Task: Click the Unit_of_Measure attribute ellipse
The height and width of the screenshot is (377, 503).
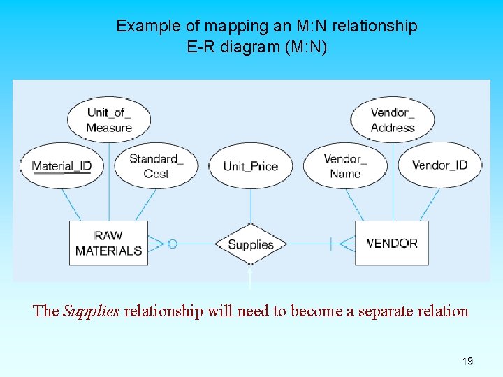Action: tap(109, 119)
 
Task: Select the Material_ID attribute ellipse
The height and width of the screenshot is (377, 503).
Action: tap(61, 166)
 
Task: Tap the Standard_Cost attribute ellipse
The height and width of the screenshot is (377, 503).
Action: tap(156, 166)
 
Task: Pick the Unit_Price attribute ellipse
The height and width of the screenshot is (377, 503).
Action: tap(251, 166)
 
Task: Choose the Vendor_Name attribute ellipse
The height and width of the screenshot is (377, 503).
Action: tap(345, 166)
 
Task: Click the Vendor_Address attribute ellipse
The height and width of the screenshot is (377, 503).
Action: tap(393, 119)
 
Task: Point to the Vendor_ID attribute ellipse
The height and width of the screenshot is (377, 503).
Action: tap(439, 165)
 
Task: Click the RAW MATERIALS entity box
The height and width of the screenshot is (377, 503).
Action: tap(108, 243)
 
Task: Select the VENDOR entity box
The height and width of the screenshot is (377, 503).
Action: tap(392, 243)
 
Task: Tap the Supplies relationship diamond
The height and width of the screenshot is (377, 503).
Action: tap(251, 244)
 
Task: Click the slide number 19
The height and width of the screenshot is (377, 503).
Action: tap(467, 361)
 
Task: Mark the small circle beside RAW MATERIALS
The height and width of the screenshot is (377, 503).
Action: tap(173, 244)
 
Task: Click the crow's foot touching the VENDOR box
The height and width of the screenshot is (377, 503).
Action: tap(347, 244)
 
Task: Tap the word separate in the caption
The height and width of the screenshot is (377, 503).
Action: tap(384, 311)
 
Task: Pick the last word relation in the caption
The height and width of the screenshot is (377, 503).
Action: tap(442, 311)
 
